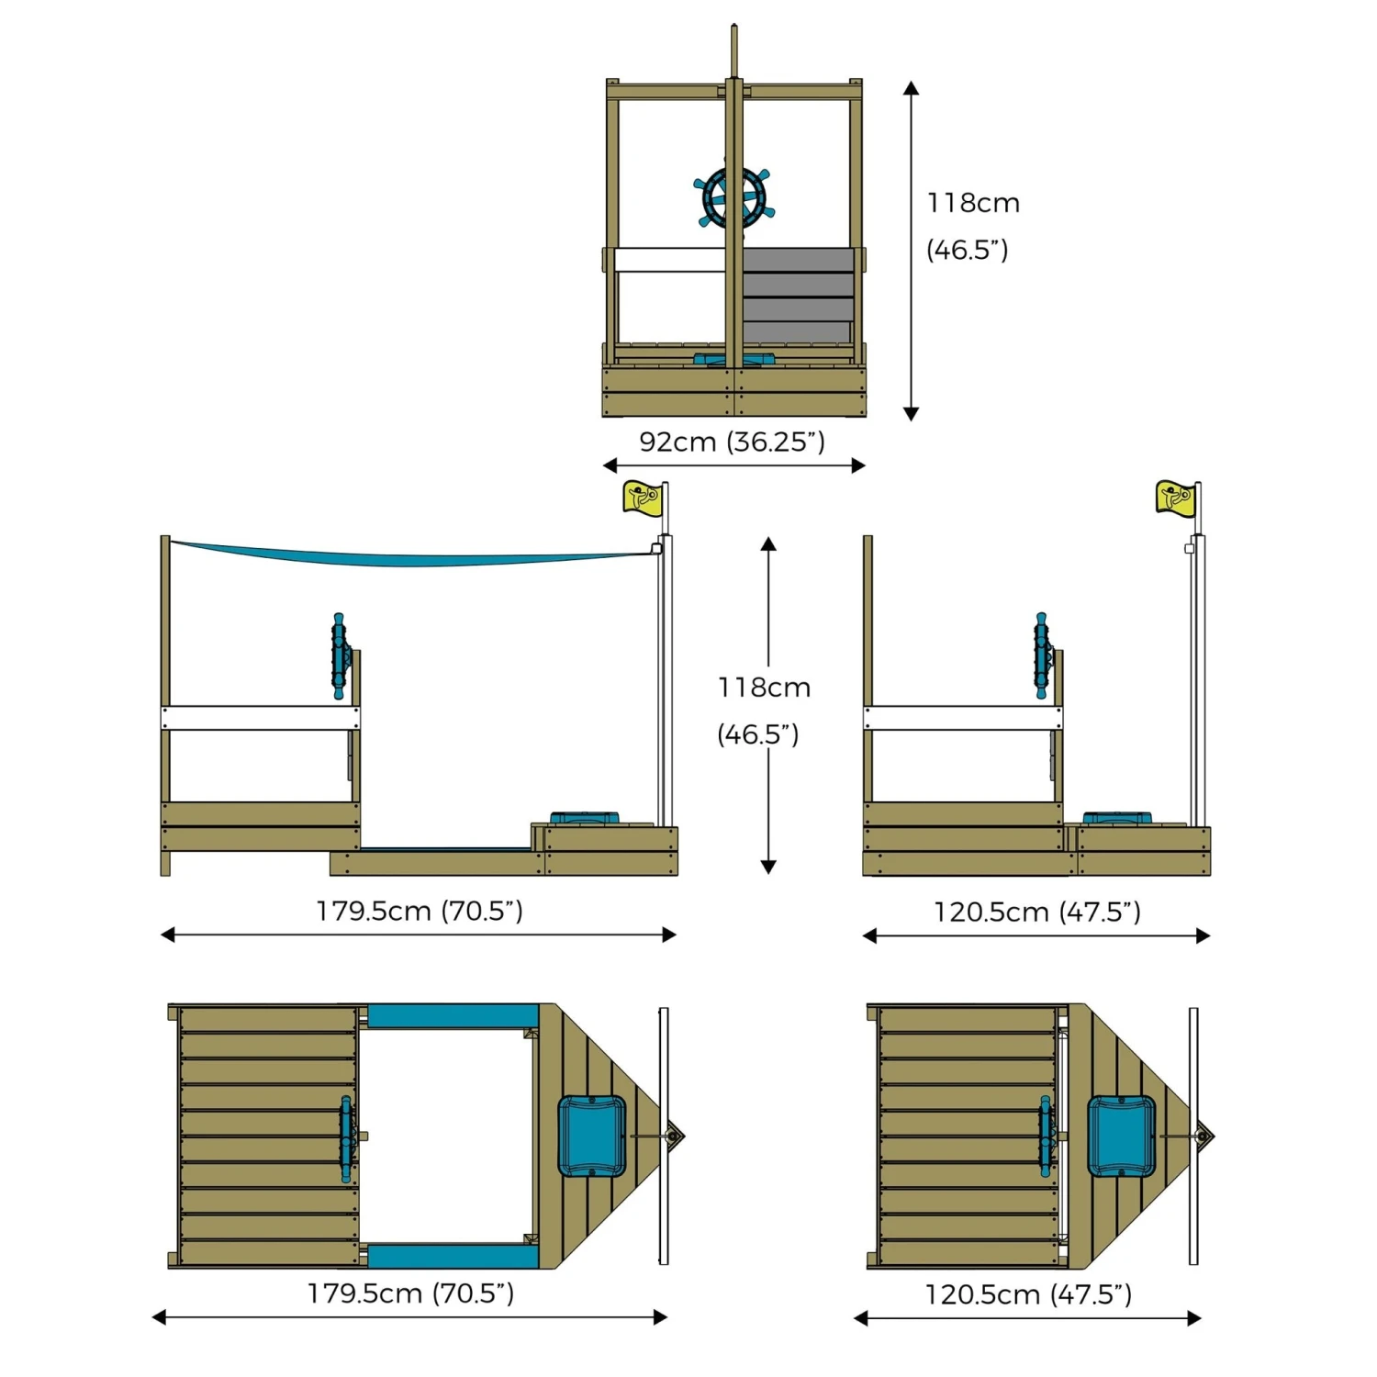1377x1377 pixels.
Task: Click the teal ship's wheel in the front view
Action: (733, 196)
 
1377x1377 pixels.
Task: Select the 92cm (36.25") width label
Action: (732, 442)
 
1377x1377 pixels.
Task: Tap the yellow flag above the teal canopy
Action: (641, 498)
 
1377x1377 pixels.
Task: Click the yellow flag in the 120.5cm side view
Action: (1174, 497)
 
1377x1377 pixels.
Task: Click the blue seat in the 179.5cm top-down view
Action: (592, 1136)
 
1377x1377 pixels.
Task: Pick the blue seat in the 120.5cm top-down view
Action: (1121, 1136)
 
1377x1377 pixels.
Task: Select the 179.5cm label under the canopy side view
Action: (420, 911)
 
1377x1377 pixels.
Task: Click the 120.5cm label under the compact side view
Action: (1037, 912)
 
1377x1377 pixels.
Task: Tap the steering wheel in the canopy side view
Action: (340, 656)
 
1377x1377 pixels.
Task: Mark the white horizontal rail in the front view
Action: (671, 260)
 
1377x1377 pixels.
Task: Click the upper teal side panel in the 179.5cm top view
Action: (453, 1016)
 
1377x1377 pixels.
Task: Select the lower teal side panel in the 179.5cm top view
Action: (453, 1257)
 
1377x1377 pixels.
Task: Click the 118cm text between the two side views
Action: (764, 688)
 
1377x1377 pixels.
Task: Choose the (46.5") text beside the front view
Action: (967, 250)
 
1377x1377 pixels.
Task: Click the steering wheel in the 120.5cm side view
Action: (1042, 656)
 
